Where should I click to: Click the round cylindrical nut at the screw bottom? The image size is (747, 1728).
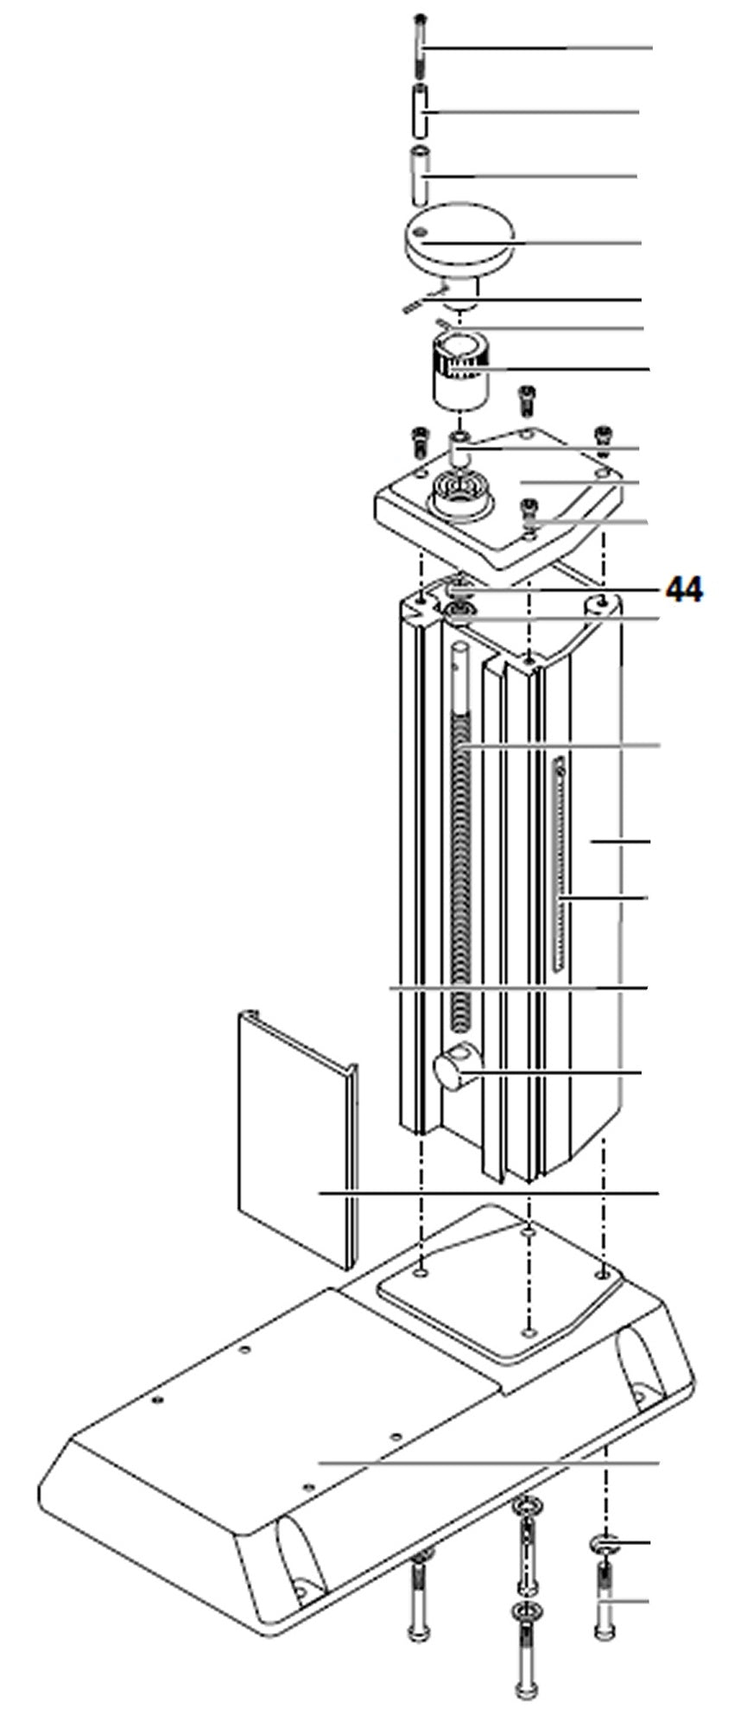453,1072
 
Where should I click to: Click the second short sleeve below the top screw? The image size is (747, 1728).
419,111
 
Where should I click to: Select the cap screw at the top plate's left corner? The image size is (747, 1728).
419,439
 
